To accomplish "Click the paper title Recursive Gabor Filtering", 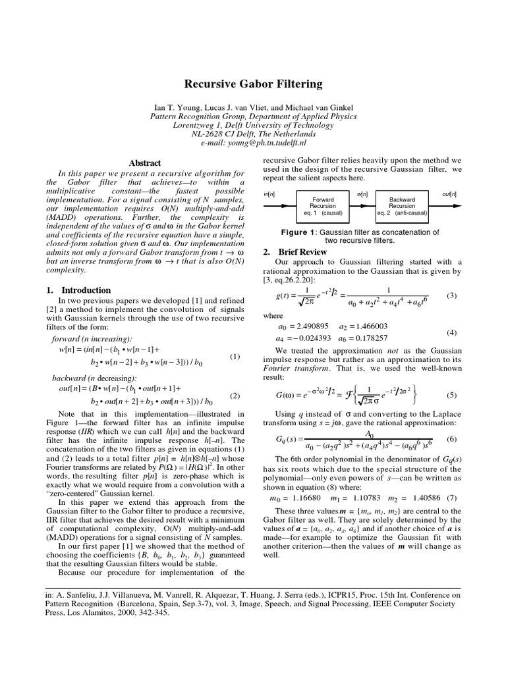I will click(x=253, y=84).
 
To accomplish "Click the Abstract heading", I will click(x=144, y=163).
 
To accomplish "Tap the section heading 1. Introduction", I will click(x=79, y=290).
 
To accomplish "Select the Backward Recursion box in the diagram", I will click(x=402, y=205).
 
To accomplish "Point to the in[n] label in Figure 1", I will click(x=269, y=194).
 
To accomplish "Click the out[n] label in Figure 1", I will click(x=449, y=194).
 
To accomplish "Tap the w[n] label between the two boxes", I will click(x=362, y=194).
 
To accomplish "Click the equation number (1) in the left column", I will click(x=234, y=357).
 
